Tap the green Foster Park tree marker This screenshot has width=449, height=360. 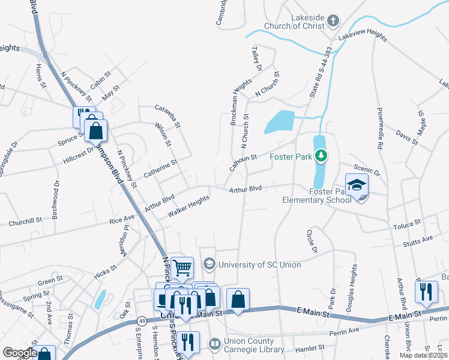[x=322, y=157]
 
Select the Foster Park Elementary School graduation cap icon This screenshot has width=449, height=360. [x=357, y=185]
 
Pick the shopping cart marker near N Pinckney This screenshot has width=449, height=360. [x=182, y=268]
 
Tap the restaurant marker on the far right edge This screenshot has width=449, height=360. [x=426, y=292]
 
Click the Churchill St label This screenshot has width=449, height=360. [x=25, y=222]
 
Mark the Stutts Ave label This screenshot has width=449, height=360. [x=419, y=239]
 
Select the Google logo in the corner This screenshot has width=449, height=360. [x=19, y=353]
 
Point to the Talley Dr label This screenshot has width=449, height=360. [x=256, y=61]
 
